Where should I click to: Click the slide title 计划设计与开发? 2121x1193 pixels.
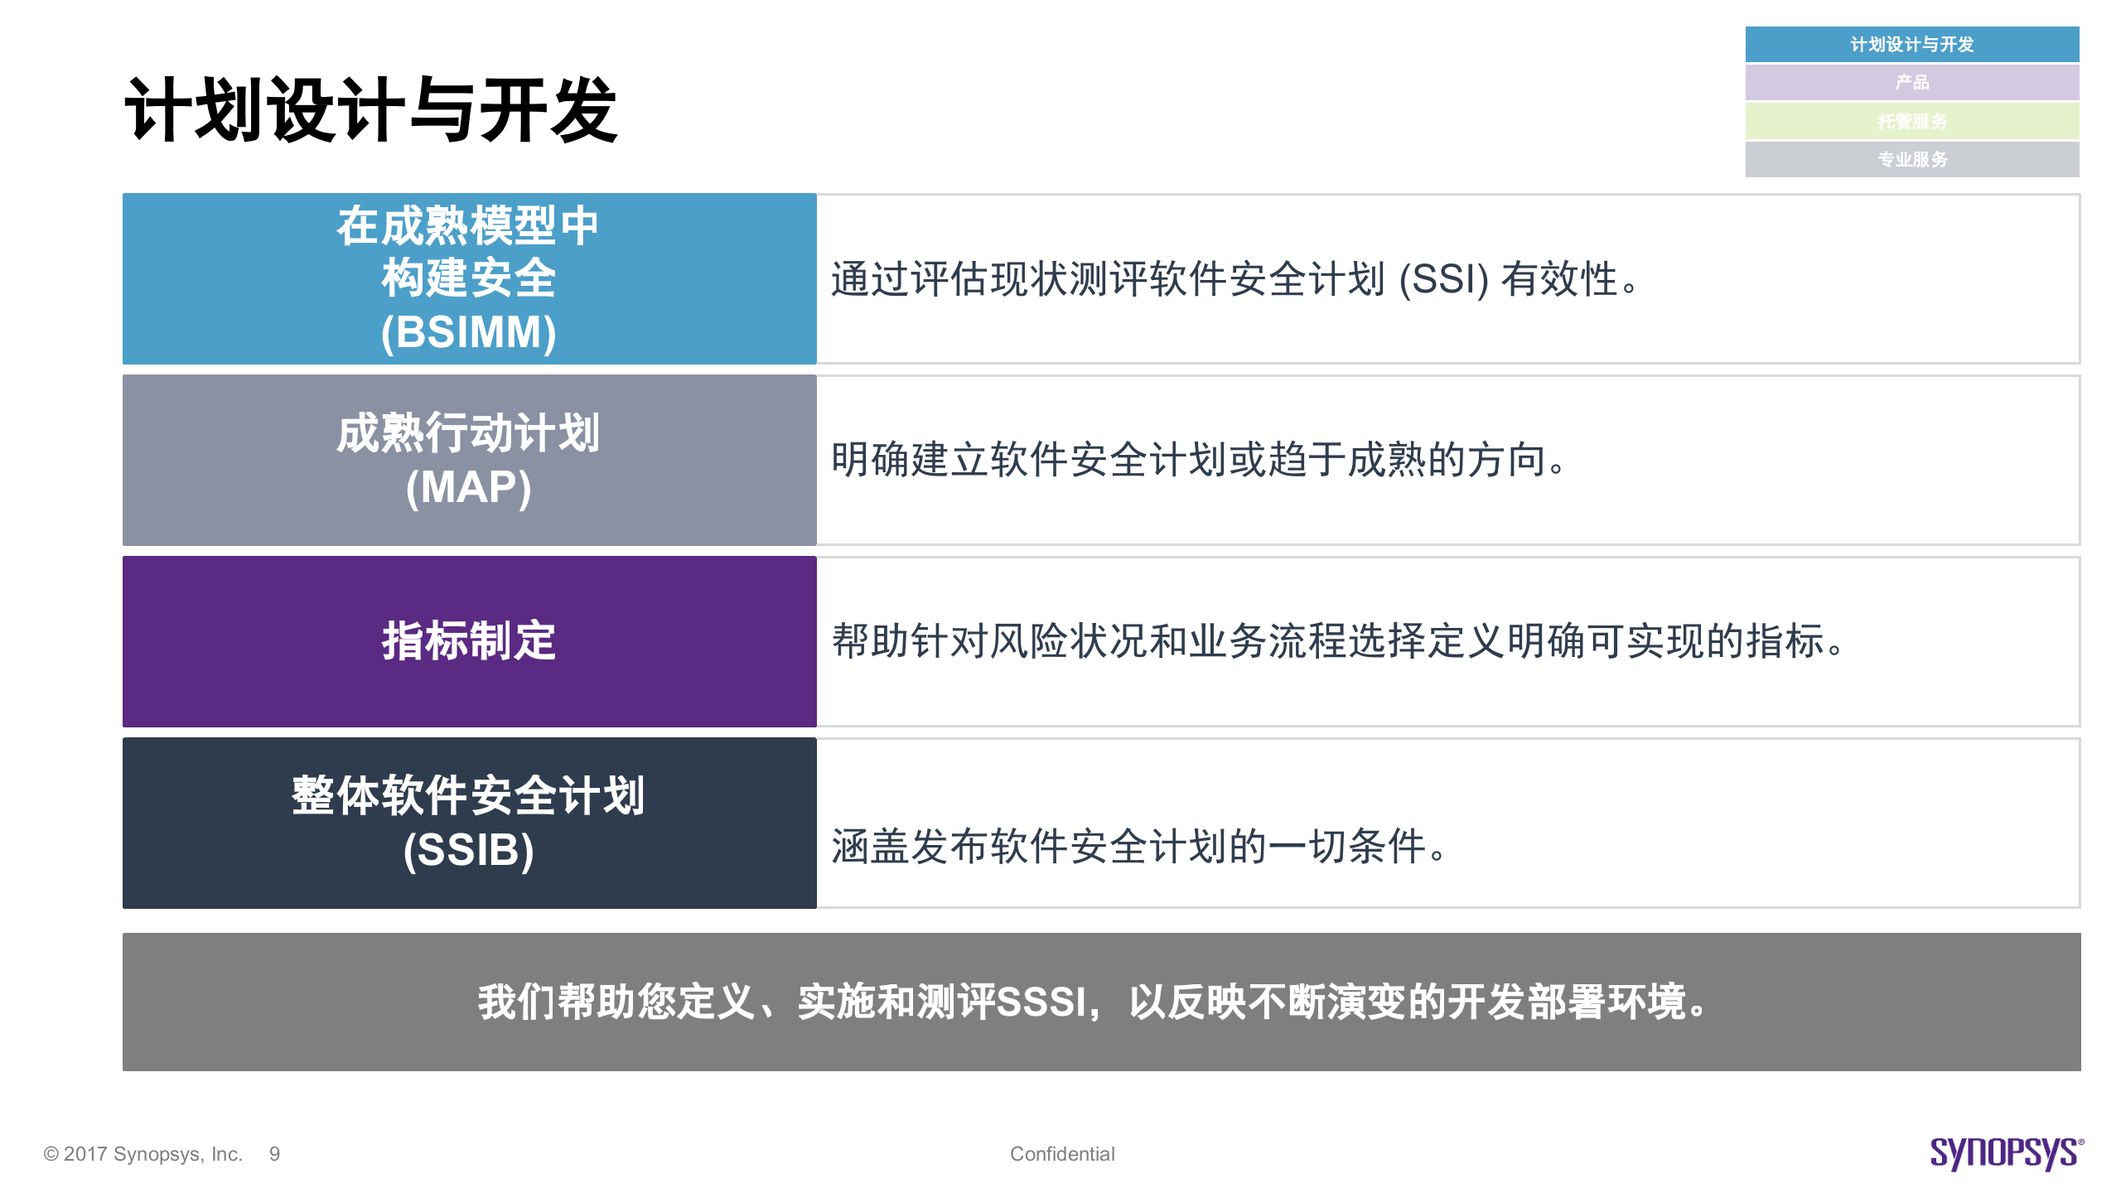[x=370, y=111]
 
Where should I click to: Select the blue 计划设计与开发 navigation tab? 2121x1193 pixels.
[x=1911, y=45]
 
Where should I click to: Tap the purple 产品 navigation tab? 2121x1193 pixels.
[x=1911, y=83]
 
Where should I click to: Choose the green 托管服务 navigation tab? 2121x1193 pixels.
[x=1911, y=121]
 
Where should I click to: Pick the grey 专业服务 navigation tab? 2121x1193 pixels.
[x=1911, y=159]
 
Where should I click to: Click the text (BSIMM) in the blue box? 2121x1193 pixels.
[x=468, y=332]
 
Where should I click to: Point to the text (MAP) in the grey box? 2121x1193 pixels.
[x=468, y=487]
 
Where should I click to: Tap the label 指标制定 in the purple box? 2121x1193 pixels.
[x=468, y=641]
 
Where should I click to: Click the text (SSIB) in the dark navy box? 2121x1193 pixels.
[x=468, y=850]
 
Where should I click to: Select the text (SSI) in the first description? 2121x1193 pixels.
[x=1443, y=279]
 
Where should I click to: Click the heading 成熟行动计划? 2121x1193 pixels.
[x=468, y=433]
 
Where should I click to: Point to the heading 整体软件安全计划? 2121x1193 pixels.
[x=468, y=796]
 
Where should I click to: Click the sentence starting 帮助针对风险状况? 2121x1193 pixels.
[x=1337, y=641]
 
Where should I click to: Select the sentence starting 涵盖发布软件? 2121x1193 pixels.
[x=1138, y=847]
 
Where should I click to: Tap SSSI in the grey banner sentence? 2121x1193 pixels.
[x=1041, y=1002]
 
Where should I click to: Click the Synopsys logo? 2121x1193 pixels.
[x=2006, y=1153]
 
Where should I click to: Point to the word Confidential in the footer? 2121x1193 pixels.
[x=1062, y=1154]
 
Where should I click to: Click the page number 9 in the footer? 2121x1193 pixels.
[x=274, y=1154]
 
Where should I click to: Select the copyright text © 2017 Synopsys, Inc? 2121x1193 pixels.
[x=143, y=1154]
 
